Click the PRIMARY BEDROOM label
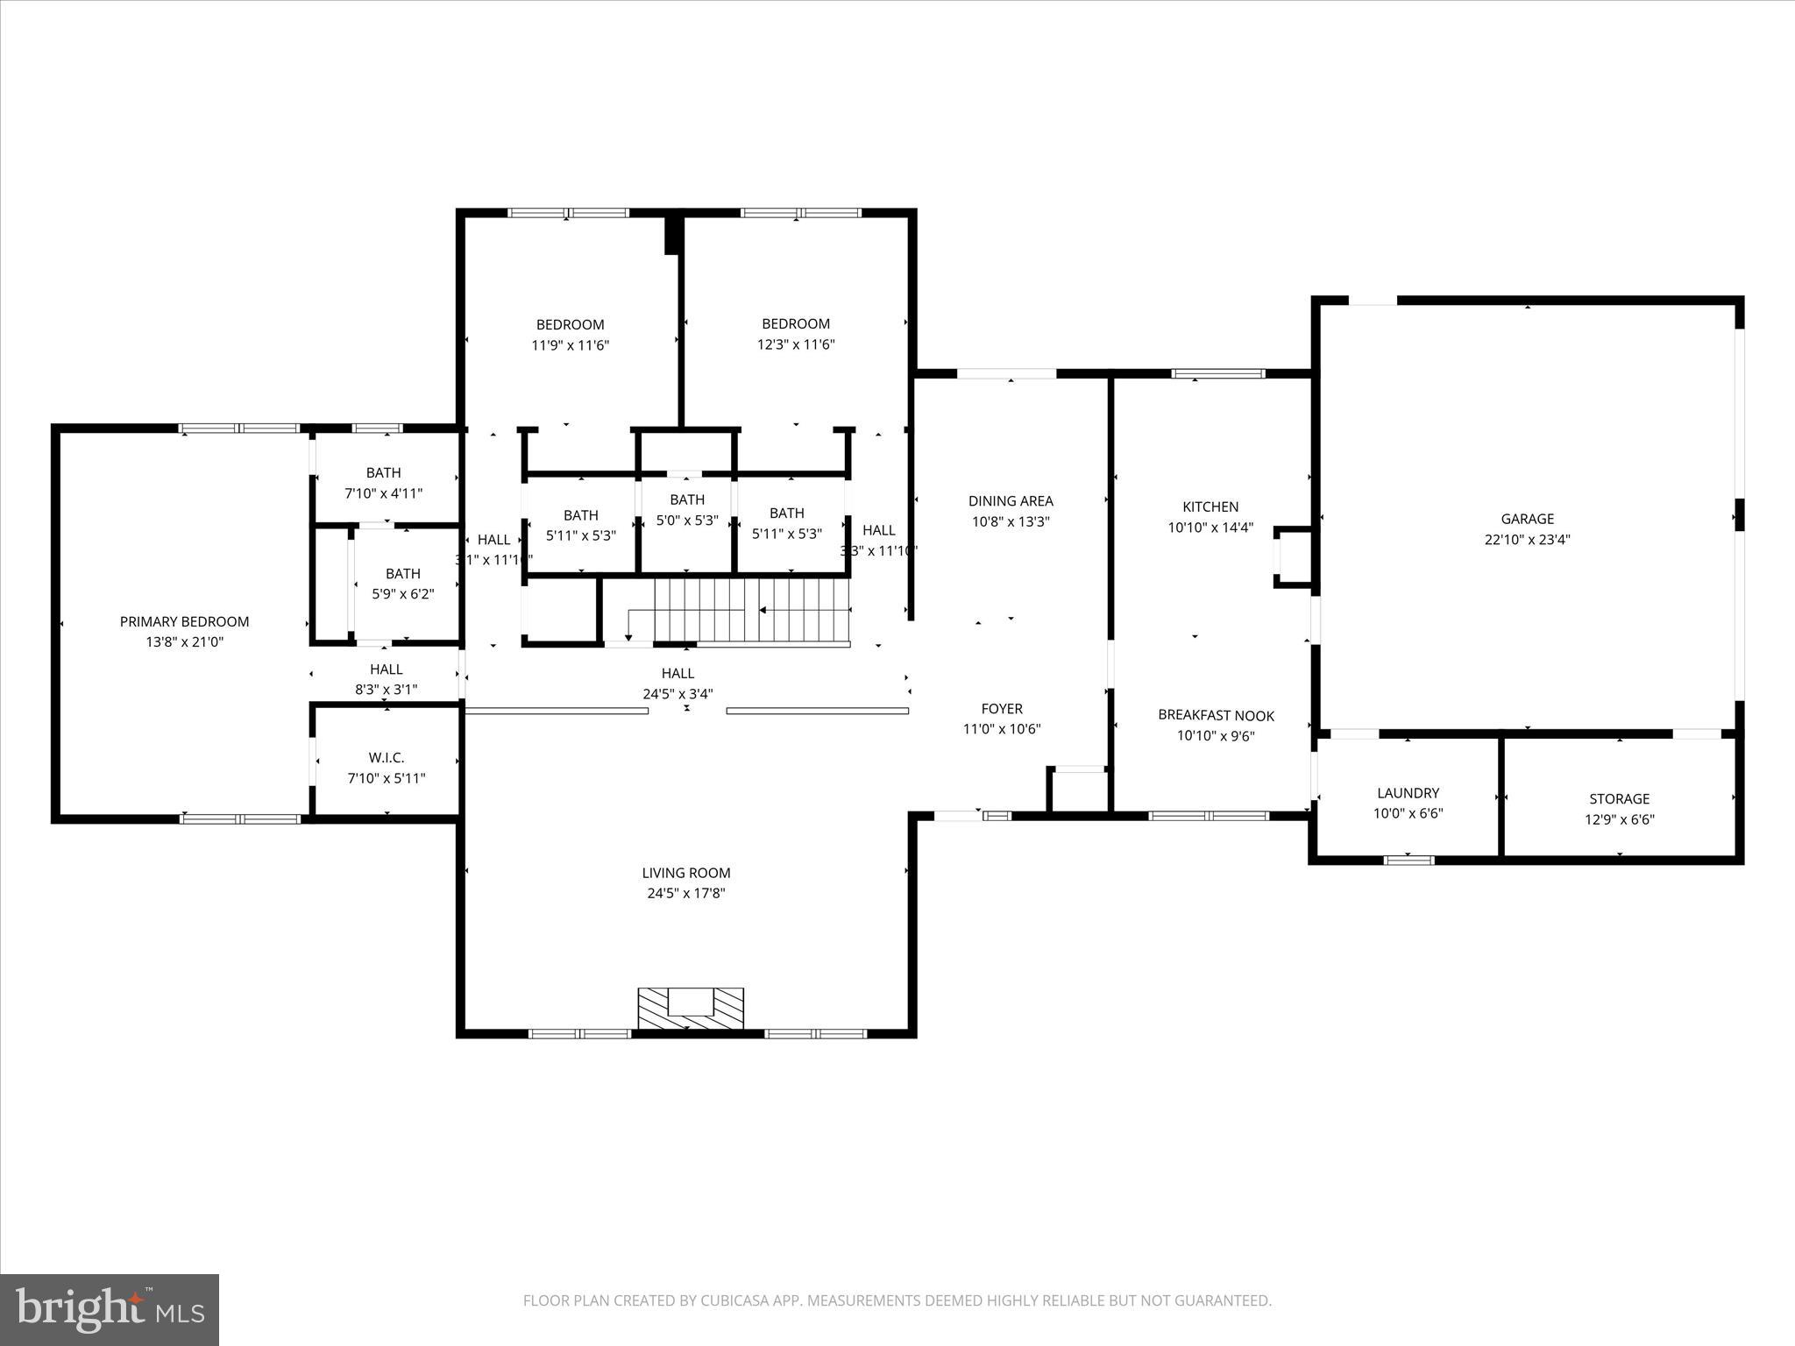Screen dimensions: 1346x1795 point(184,621)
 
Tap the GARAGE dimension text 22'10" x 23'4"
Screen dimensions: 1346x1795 point(1527,540)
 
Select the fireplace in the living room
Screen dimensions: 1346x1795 point(691,1008)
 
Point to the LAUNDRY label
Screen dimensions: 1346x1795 point(1408,793)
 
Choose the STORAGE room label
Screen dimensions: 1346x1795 point(1619,798)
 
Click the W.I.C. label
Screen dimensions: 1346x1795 point(387,757)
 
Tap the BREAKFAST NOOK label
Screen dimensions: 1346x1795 point(1216,715)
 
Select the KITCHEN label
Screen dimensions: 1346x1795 point(1210,507)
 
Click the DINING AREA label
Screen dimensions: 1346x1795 point(1011,500)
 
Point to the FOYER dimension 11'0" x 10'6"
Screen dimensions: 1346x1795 point(1002,729)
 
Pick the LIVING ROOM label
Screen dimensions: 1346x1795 point(685,873)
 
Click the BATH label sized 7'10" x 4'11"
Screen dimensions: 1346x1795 point(384,472)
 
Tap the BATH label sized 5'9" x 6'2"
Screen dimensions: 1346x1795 point(402,573)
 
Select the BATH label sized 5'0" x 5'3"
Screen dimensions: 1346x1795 point(687,499)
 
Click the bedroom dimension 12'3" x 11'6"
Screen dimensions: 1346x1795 point(796,344)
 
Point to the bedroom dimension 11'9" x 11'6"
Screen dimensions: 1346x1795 point(571,345)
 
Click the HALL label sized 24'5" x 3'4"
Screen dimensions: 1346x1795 point(678,673)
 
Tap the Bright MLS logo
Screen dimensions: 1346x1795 point(110,1309)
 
